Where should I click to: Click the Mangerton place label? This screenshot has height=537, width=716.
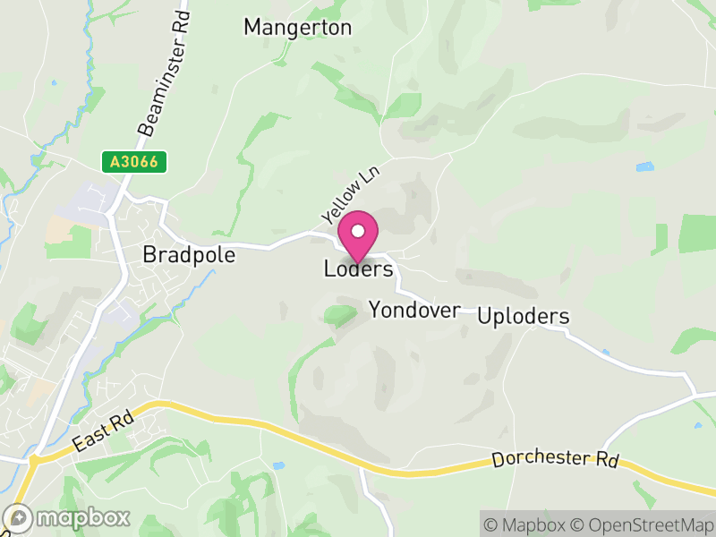(x=298, y=28)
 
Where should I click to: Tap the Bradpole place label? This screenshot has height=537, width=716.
(x=189, y=255)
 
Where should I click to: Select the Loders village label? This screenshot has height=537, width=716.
(x=358, y=268)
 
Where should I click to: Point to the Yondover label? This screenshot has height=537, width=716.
(x=414, y=311)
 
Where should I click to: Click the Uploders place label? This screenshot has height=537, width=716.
(x=524, y=317)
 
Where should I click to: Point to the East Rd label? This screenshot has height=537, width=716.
(x=104, y=430)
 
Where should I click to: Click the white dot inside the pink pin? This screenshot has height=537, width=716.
(x=358, y=231)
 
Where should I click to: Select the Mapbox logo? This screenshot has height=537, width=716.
(x=67, y=517)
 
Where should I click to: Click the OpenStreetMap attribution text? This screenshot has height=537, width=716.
(x=644, y=524)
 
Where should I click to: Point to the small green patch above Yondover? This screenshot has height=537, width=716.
(x=339, y=314)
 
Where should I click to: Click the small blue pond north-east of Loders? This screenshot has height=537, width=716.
(x=644, y=166)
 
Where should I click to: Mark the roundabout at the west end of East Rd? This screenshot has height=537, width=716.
(x=34, y=461)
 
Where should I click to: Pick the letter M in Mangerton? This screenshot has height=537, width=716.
(x=253, y=28)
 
